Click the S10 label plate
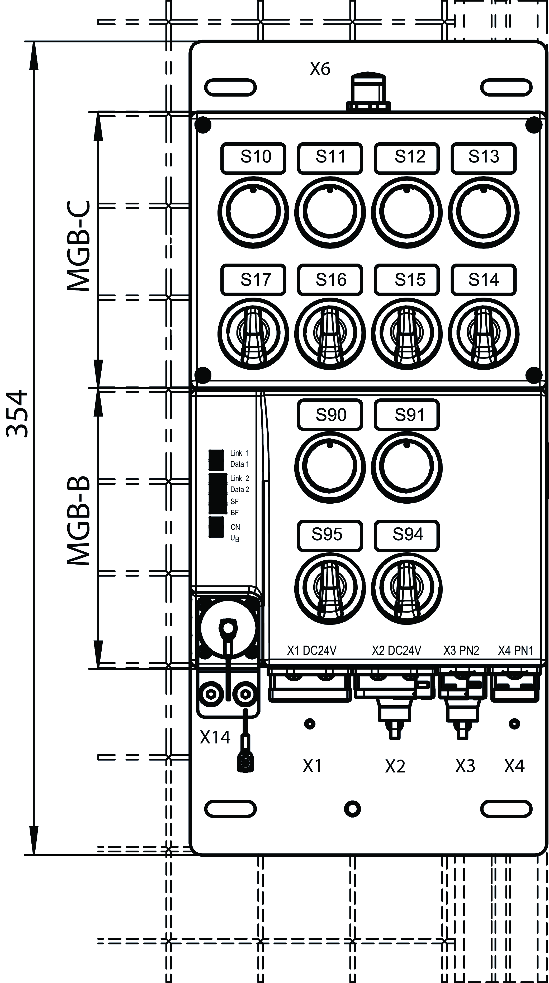(253, 158)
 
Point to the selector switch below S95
(330, 588)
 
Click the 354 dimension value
(17, 413)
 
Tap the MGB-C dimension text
(79, 246)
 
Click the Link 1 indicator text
(239, 453)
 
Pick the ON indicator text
(235, 527)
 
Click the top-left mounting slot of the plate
(230, 87)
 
